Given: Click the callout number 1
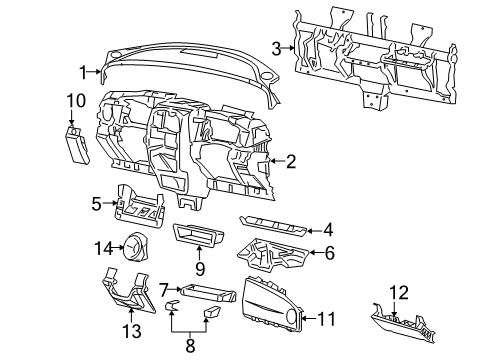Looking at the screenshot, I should (x=85, y=71).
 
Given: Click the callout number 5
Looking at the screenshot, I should (x=97, y=205).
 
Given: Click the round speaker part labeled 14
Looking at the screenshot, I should (x=132, y=245).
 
